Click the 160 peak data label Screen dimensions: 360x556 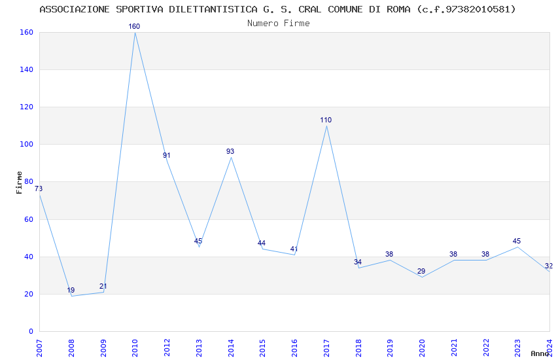pyautogui.click(x=134, y=27)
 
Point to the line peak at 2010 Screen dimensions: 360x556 pyautogui.click(x=135, y=32)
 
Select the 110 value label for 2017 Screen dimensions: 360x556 pyautogui.click(x=326, y=120)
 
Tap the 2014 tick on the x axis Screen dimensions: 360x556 pyautogui.click(x=231, y=344)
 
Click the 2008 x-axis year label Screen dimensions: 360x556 pyautogui.click(x=71, y=344)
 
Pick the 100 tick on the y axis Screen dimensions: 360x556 pyautogui.click(x=26, y=145)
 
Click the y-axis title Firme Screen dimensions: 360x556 pyautogui.click(x=20, y=182)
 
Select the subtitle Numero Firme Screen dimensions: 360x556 pyautogui.click(x=278, y=23)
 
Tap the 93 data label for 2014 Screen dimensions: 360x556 pyautogui.click(x=230, y=152)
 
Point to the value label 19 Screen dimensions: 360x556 pyautogui.click(x=71, y=291)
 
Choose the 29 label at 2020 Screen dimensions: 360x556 pyautogui.click(x=421, y=272)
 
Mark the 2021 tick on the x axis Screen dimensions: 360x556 pyautogui.click(x=454, y=344)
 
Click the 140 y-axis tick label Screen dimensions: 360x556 pyautogui.click(x=26, y=70)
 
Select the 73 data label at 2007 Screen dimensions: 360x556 pyautogui.click(x=38, y=189)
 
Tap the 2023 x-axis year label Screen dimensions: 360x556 pyautogui.click(x=518, y=344)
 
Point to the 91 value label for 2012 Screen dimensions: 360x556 pyautogui.click(x=166, y=156)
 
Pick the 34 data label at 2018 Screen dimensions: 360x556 pyautogui.click(x=358, y=262)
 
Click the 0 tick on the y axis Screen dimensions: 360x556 pyautogui.click(x=31, y=332)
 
